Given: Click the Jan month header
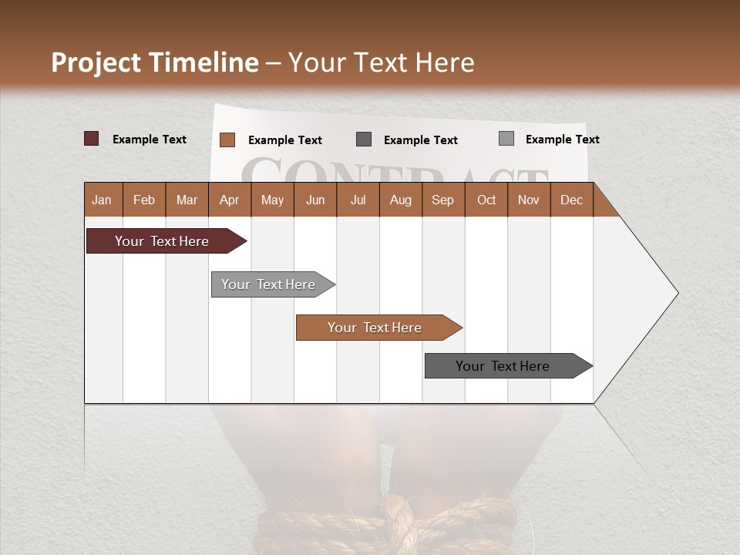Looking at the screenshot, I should [x=102, y=200].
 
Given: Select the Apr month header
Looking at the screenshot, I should [x=229, y=200].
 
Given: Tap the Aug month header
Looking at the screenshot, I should [x=400, y=200].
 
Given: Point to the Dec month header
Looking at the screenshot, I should [x=571, y=200].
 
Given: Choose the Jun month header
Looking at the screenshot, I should [x=315, y=200].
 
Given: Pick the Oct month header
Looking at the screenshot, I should [x=486, y=200].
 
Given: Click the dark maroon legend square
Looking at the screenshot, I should [x=92, y=139].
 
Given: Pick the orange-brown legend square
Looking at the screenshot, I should [x=227, y=140].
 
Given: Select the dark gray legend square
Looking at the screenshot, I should [x=364, y=139].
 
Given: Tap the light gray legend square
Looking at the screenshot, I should [x=506, y=139].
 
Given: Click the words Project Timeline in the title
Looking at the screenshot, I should [x=154, y=62].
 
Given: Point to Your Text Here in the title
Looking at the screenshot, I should [x=381, y=62].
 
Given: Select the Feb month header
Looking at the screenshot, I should [x=144, y=200].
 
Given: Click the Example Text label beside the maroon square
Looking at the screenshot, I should [x=150, y=140].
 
